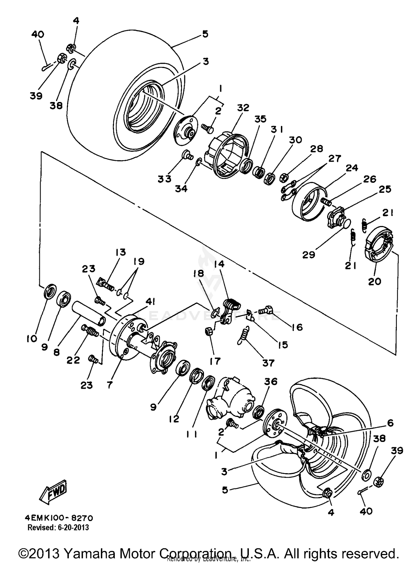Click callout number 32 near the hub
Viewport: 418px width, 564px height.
(243, 108)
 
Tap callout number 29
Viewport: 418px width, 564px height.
(309, 254)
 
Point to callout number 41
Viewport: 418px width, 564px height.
(150, 302)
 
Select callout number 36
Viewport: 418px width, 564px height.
(270, 381)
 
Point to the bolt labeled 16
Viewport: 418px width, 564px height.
(266, 309)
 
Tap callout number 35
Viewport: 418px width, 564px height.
(261, 119)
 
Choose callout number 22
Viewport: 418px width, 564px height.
(73, 360)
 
